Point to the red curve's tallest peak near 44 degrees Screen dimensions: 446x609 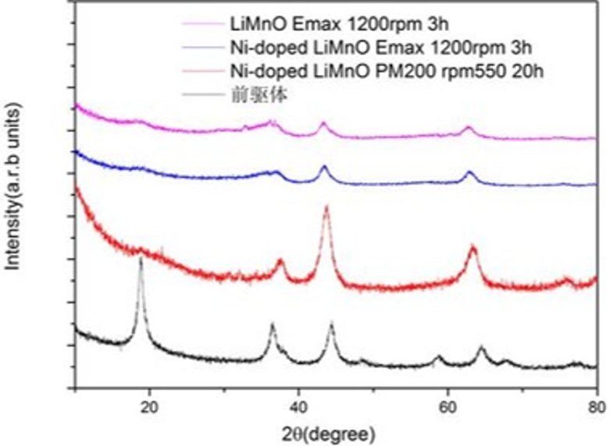(326, 207)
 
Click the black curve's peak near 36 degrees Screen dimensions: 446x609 (272, 324)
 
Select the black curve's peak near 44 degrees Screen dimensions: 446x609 (332, 324)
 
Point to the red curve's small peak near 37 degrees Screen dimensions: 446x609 (281, 260)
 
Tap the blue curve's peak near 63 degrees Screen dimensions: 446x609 (470, 172)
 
